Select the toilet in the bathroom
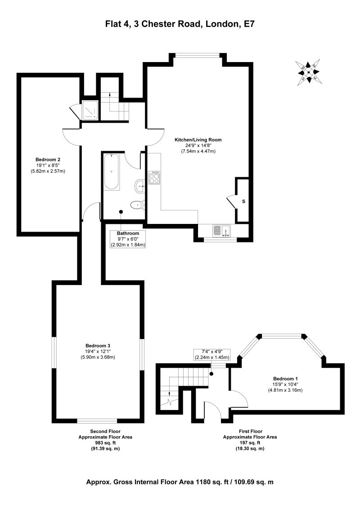tap(136, 205)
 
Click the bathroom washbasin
tap(139, 184)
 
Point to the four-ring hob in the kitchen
tap(154, 177)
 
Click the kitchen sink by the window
tap(221, 231)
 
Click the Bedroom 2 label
tap(48, 160)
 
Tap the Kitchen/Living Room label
tap(198, 140)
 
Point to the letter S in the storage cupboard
tap(243, 201)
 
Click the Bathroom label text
tap(128, 233)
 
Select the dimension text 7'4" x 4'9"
tap(211, 352)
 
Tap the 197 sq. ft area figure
tap(250, 443)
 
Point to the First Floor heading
tap(250, 431)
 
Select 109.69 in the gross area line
tap(238, 482)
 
